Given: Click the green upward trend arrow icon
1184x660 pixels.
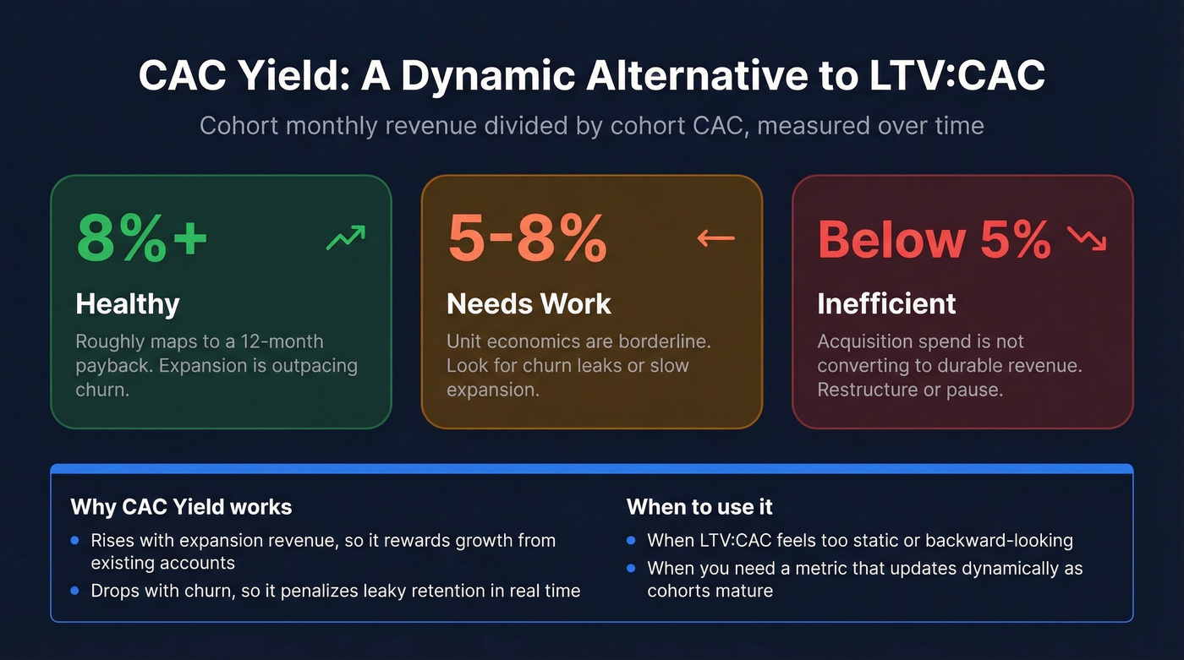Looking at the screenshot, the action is point(346,237).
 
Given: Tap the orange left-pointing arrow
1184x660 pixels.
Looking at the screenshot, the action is point(715,238).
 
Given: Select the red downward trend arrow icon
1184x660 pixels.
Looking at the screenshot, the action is point(1087,238).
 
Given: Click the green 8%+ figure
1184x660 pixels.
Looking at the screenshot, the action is point(142,237).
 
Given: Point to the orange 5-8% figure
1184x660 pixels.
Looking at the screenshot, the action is point(528,237).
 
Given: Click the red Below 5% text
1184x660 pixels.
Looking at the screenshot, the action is point(934,239).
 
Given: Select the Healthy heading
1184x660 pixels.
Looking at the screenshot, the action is point(128,303).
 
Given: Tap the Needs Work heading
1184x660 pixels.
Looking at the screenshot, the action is point(529,303).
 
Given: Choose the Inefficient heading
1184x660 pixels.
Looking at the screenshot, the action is point(886,303).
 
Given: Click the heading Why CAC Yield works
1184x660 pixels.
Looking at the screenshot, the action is point(181,507).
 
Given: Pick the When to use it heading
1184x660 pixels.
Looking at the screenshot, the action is point(699,507).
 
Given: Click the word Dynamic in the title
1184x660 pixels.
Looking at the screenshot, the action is point(488,75).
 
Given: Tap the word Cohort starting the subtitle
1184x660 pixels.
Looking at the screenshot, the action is point(238,126).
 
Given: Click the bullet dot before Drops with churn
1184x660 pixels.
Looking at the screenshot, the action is point(74,591).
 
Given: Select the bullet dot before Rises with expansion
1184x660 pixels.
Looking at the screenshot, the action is point(74,540).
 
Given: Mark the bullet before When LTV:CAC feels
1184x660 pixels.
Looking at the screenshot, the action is point(631,540).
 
